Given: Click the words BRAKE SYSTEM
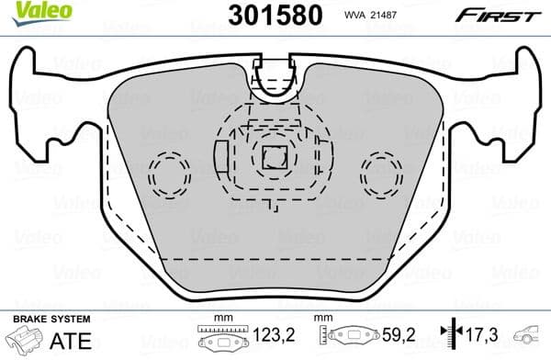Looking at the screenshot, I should coord(51,320).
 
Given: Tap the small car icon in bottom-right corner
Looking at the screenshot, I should coord(531,338).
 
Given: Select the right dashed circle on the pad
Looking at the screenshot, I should coord(380,171).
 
